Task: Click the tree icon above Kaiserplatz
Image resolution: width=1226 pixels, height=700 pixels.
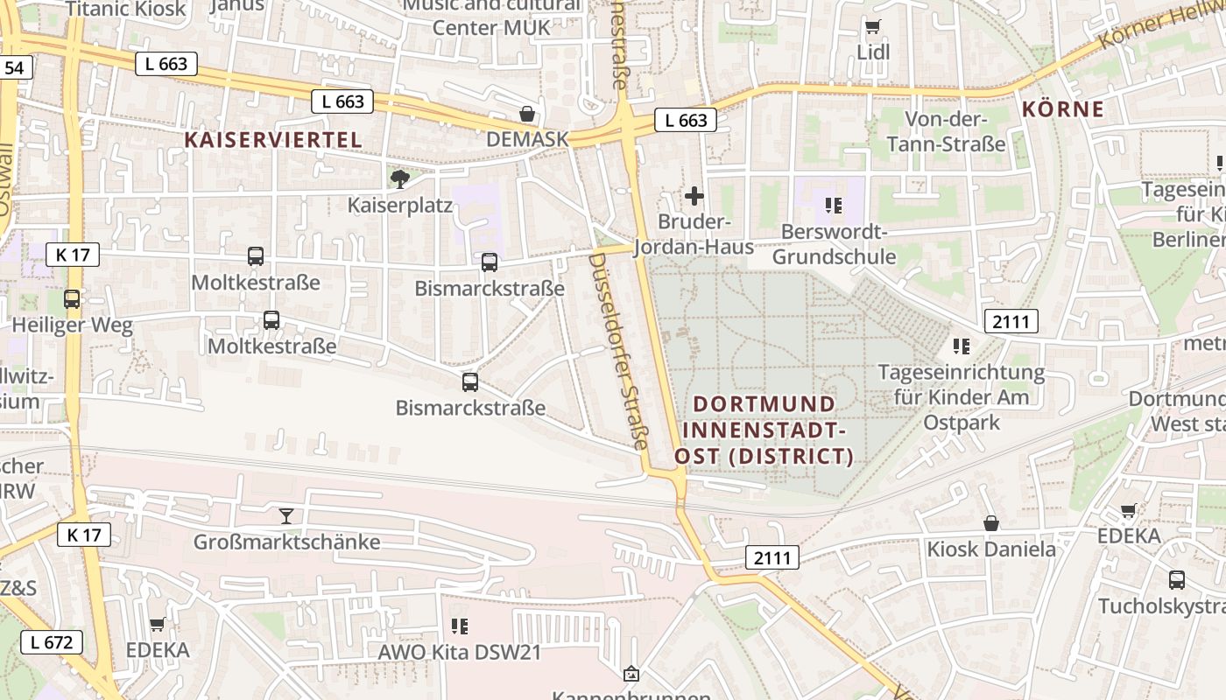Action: point(400,179)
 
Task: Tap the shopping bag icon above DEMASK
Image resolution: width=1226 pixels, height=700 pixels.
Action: point(527,114)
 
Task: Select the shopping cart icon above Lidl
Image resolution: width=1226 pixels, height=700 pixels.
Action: point(872,27)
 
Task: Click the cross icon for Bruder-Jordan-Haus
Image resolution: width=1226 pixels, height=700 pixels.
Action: point(694,196)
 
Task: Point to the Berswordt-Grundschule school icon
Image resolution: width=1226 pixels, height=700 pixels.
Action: point(833,206)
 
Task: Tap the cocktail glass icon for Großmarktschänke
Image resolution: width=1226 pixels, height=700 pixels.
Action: point(286,516)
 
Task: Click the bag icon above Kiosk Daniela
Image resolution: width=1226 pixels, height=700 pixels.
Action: point(991,523)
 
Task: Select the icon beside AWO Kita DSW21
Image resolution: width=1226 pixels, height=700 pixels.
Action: point(459,626)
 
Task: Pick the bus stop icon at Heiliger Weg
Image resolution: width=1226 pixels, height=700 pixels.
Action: point(72,299)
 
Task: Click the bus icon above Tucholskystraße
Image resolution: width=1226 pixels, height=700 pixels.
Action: point(1177,579)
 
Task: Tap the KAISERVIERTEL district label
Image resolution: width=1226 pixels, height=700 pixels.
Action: point(273,140)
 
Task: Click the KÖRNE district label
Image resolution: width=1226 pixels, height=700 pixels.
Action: point(1063,109)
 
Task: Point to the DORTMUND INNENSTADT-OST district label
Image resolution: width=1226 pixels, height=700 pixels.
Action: point(764,430)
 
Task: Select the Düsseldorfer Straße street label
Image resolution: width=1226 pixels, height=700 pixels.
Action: point(617,351)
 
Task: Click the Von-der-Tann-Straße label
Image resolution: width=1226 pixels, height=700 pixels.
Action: point(946,131)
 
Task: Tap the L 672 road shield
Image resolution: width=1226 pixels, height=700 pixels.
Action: point(52,642)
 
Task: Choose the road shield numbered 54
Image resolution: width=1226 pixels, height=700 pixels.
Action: point(16,67)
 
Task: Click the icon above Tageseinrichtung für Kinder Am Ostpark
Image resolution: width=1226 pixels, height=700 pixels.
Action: point(962,346)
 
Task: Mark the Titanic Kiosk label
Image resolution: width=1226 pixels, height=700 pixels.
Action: point(125,10)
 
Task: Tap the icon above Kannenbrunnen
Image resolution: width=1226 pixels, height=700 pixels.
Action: point(631,674)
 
